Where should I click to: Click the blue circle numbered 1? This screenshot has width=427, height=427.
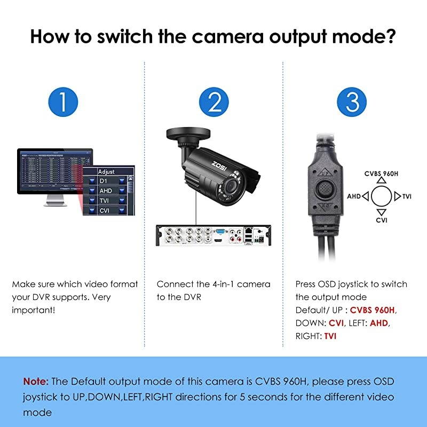(62, 101)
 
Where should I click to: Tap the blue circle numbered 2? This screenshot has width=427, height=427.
(214, 101)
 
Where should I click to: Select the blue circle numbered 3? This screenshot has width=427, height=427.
(352, 101)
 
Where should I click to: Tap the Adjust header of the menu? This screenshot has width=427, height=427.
(106, 172)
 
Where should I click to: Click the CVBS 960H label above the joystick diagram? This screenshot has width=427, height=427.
(381, 173)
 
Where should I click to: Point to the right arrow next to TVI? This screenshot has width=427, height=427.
(397, 196)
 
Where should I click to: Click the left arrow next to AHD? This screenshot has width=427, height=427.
(365, 196)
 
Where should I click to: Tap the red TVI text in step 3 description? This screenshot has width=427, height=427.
(330, 336)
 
